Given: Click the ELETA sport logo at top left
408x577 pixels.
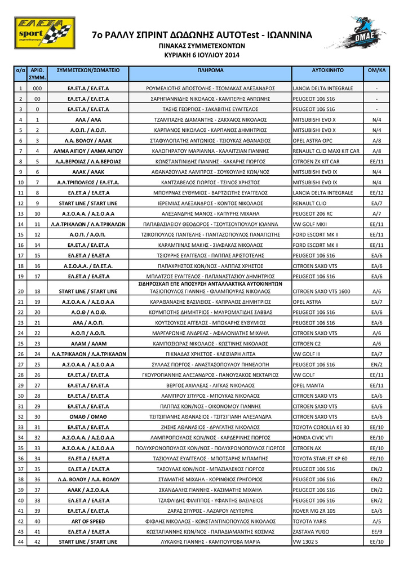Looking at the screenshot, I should (45, 33).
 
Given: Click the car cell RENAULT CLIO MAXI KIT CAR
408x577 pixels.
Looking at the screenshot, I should (326, 151).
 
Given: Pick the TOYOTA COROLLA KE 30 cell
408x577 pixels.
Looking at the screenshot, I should (321, 427).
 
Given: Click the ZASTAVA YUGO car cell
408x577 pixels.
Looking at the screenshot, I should (312, 531).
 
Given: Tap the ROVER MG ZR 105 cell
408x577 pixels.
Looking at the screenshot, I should (314, 511).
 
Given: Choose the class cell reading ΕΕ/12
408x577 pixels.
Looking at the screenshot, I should (376, 193).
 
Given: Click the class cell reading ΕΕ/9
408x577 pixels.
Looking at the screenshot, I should (376, 531).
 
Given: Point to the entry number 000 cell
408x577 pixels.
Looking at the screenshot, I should (37, 88).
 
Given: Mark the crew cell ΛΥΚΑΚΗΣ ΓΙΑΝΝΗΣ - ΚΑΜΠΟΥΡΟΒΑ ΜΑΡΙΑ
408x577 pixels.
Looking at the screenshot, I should (210, 542).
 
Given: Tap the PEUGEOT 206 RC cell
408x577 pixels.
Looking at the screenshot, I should (313, 214).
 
